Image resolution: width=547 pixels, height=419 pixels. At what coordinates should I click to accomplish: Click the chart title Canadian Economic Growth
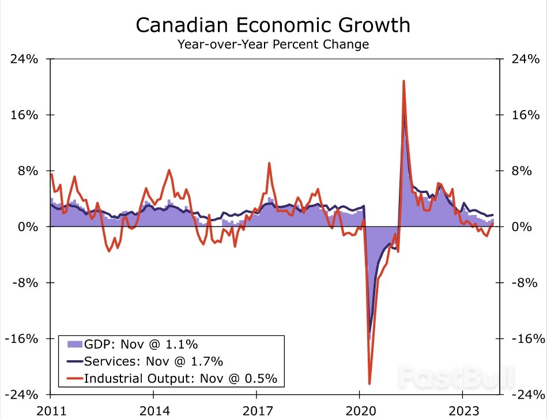click(x=273, y=25)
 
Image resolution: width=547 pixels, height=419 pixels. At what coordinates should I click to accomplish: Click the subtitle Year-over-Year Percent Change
click(x=273, y=44)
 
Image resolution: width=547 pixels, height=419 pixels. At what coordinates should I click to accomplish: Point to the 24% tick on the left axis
click(x=24, y=59)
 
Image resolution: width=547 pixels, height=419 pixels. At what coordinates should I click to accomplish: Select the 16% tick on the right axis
click(x=526, y=115)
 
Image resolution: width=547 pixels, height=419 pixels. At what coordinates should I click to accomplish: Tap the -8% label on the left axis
click(x=24, y=283)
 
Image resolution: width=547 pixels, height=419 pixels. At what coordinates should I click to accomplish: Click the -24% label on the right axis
click(x=526, y=395)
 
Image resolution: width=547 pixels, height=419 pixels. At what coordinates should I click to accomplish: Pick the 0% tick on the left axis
click(x=28, y=227)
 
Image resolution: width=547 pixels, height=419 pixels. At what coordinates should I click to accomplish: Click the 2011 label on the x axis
click(x=50, y=412)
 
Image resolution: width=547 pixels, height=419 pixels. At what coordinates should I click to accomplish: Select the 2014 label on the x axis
click(x=153, y=412)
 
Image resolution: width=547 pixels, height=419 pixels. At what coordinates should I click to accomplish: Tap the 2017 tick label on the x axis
click(x=256, y=412)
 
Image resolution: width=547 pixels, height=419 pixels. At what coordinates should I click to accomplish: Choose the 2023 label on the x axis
click(x=462, y=412)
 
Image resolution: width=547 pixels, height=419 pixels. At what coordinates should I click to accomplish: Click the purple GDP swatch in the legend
click(x=74, y=344)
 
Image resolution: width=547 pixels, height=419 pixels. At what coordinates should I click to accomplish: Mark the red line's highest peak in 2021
click(x=403, y=81)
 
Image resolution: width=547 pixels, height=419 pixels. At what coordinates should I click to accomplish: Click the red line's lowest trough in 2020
click(x=369, y=383)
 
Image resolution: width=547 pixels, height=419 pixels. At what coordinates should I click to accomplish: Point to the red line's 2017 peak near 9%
click(x=269, y=163)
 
